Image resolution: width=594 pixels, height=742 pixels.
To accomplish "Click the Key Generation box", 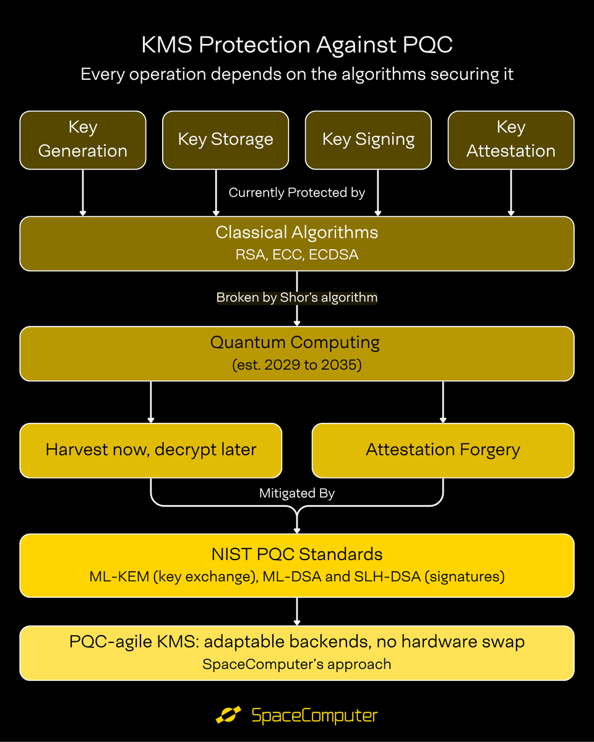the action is coord(83,140).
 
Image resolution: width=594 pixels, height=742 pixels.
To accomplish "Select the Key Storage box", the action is coord(225,140).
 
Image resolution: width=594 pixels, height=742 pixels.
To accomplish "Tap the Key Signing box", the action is coord(368,140).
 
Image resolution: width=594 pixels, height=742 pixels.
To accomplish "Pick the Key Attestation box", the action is coord(511,140).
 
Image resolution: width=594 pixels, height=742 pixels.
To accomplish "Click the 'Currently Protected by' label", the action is coord(297,192).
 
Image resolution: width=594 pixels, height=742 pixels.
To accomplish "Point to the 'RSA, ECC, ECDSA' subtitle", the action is coord(297,255).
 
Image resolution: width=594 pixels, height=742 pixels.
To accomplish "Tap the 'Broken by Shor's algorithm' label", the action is coord(297,297).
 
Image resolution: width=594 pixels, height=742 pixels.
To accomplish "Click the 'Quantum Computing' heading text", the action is coord(295,343).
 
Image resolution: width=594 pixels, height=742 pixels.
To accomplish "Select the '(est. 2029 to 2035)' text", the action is coord(297,365).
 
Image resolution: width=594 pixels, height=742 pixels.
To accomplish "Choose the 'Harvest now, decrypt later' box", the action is coord(151,450).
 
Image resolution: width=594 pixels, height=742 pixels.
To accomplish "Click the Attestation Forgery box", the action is coord(443,450).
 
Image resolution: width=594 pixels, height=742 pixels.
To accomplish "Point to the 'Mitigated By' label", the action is coord(297,493).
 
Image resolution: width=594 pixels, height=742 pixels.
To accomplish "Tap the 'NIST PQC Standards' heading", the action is coord(297,554).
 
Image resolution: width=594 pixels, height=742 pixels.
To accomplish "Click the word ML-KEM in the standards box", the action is coord(119,576).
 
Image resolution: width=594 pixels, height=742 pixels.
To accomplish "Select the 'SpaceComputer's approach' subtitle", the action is coord(297,664).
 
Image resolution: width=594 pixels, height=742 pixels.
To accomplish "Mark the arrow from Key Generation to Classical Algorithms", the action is coord(83,193).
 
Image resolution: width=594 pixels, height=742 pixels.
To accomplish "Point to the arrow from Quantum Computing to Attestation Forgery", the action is coord(443,402).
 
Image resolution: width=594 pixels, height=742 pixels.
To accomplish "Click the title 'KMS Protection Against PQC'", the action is coord(297,45).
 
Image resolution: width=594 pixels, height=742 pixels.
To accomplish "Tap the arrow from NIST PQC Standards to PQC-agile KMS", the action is coord(297,612).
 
